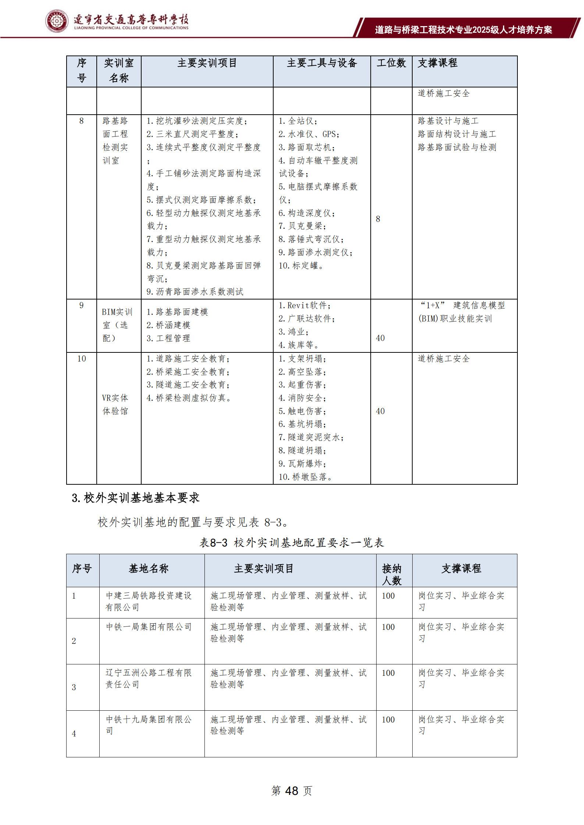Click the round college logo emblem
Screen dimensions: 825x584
tap(57, 21)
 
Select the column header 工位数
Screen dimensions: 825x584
tap(391, 63)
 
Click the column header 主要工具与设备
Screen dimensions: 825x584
tap(322, 63)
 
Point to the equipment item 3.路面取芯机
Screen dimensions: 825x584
tap(307, 147)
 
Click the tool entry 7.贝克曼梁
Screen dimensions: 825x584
tap(302, 226)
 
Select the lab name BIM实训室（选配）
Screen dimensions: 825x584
tap(117, 325)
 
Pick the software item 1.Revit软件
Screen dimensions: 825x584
tap(305, 305)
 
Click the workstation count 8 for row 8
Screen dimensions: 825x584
tap(378, 219)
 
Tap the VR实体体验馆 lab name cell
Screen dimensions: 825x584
tap(115, 404)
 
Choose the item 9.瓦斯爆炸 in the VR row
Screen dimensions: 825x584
tap(302, 464)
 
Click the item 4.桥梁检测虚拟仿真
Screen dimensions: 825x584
tap(189, 398)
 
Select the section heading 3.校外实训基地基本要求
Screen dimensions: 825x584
tap(135, 498)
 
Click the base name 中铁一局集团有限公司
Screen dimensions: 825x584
tap(149, 627)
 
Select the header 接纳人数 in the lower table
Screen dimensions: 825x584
tap(392, 574)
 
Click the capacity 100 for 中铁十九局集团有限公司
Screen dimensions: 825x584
tap(388, 720)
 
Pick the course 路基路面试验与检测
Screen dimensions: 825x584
tap(457, 147)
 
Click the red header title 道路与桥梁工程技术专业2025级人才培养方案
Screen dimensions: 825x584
tap(463, 30)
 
